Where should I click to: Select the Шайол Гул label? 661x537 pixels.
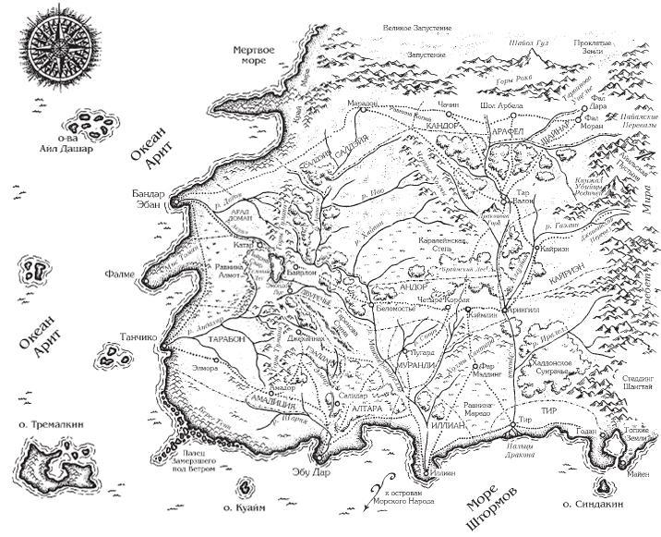coord(530,44)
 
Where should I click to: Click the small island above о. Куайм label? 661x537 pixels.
coord(245,485)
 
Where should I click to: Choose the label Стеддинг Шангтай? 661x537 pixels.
coord(632,383)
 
